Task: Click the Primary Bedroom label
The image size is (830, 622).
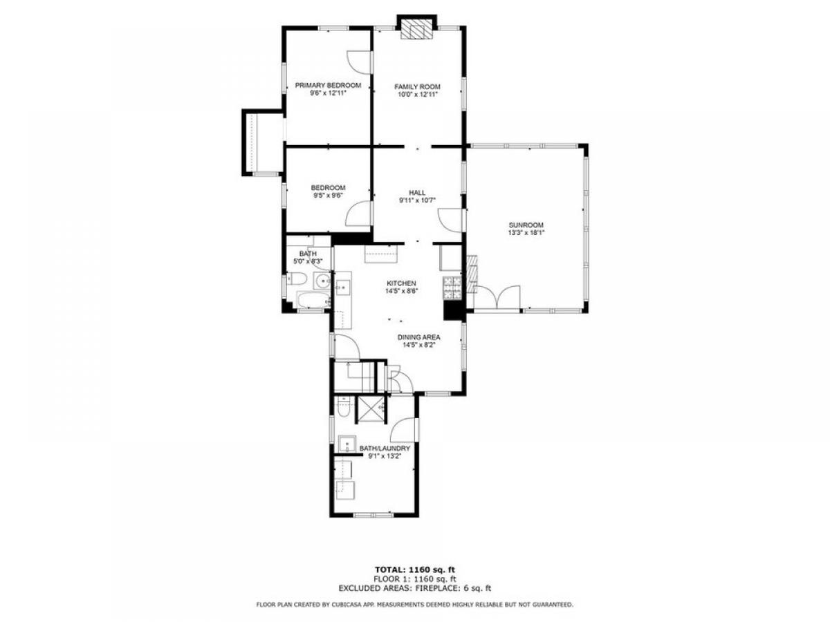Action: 328,85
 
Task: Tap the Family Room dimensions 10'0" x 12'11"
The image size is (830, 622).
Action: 417,95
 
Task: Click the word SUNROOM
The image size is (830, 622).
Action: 526,225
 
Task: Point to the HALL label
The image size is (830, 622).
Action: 417,193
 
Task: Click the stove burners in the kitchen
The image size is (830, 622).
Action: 452,288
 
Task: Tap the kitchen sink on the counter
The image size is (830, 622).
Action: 343,288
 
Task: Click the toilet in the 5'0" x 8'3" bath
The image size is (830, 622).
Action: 297,279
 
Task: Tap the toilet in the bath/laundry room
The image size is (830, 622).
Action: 343,407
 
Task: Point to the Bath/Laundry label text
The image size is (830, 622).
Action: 385,449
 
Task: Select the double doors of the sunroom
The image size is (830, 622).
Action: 497,297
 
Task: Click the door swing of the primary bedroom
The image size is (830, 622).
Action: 358,62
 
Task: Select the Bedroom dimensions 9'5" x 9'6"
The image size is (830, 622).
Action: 328,196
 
